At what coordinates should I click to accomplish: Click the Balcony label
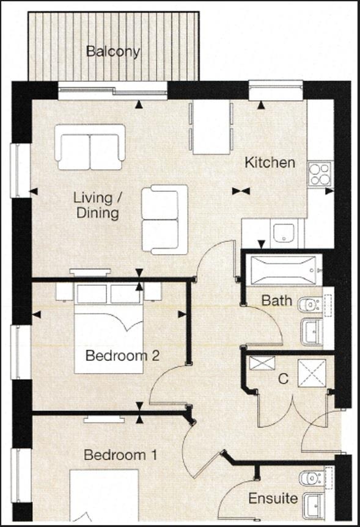(112, 51)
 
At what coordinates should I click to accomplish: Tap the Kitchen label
(270, 163)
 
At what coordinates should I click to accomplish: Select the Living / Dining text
(96, 206)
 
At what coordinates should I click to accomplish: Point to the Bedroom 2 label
(122, 355)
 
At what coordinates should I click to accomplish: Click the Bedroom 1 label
(120, 455)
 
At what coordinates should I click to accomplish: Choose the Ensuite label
(273, 498)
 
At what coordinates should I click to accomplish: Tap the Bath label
(276, 300)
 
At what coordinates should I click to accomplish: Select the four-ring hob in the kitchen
(319, 173)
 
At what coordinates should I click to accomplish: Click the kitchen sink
(284, 233)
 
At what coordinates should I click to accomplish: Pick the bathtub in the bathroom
(283, 270)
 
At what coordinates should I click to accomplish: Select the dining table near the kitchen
(211, 128)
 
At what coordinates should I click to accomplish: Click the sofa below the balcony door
(90, 147)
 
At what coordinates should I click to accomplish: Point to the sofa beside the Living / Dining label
(164, 219)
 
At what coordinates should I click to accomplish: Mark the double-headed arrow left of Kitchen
(241, 191)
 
